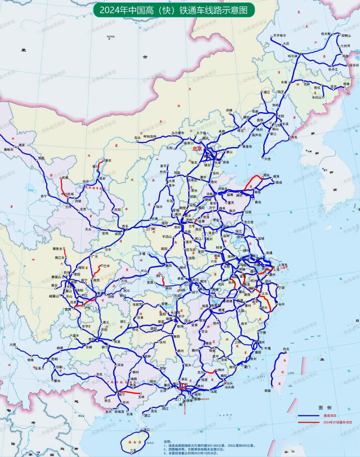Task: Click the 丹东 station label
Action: (293, 137)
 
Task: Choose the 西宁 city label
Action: (44, 196)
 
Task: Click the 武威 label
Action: (65, 178)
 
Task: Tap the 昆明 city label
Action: (55, 358)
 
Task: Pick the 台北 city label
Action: (286, 349)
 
